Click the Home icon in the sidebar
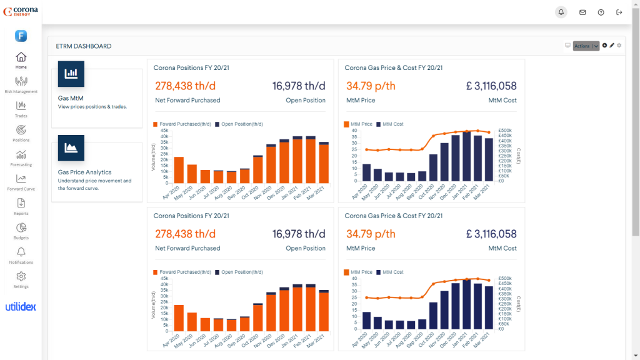pos(21,57)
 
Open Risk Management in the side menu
pos(21,81)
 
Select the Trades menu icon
pos(21,106)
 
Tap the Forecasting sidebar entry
pos(21,154)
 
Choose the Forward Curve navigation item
pos(21,179)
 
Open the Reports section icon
pos(21,203)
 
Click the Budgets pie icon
pos(21,227)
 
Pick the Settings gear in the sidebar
pos(21,276)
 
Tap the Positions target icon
pos(21,130)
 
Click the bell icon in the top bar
pos(561,12)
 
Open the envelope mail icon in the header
pos(582,12)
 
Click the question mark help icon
pos(601,12)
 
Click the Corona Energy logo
pos(21,11)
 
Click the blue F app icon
pos(21,36)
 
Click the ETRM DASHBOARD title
pos(84,46)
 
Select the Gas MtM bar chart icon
pos(71,74)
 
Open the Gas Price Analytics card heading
pos(84,172)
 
